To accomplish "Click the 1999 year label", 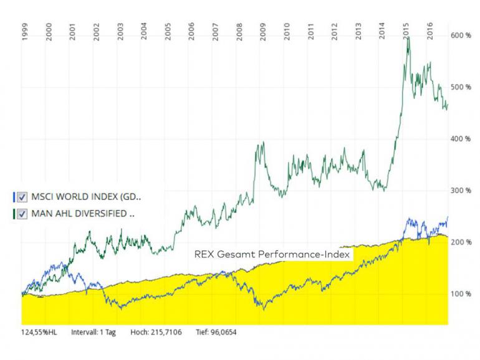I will pos(24,32).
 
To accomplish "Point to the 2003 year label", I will pos(120,32).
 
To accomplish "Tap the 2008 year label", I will pos(239,32).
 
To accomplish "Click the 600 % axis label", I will pos(461,36).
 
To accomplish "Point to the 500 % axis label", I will pos(461,87).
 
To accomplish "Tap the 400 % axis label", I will pos(461,139).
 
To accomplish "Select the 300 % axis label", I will pos(461,191).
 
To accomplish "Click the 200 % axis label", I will pos(461,242).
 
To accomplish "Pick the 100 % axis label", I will pos(461,293).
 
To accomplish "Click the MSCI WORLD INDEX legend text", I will pos(86,197).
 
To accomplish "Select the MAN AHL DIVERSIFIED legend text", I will pos(83,214).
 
